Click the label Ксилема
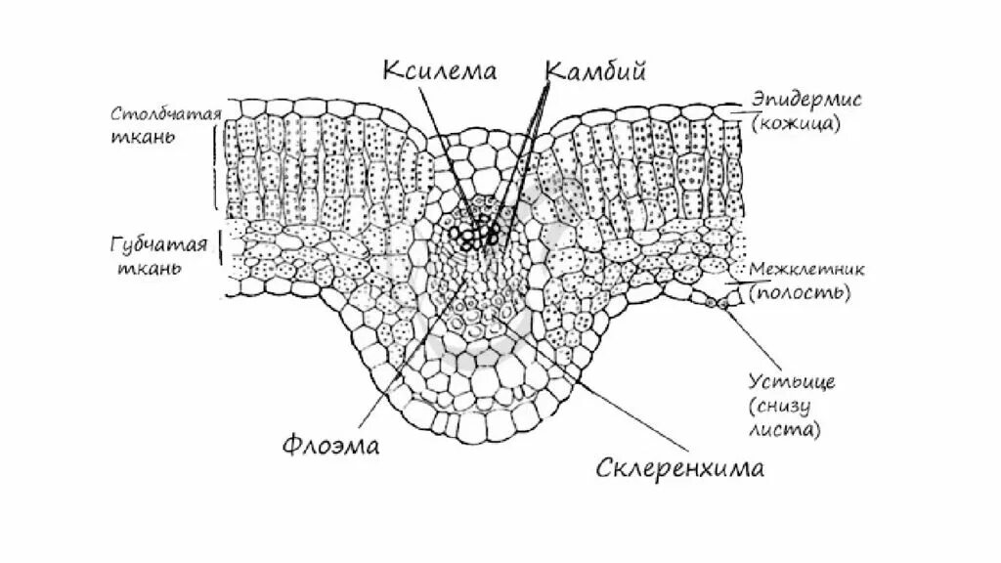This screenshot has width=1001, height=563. [439, 70]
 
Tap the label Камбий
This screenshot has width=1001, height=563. [596, 70]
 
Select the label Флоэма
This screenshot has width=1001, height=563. [329, 445]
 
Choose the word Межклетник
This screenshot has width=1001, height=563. [800, 268]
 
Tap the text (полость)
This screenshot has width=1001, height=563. [800, 291]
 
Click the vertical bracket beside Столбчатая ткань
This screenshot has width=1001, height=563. [216, 166]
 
